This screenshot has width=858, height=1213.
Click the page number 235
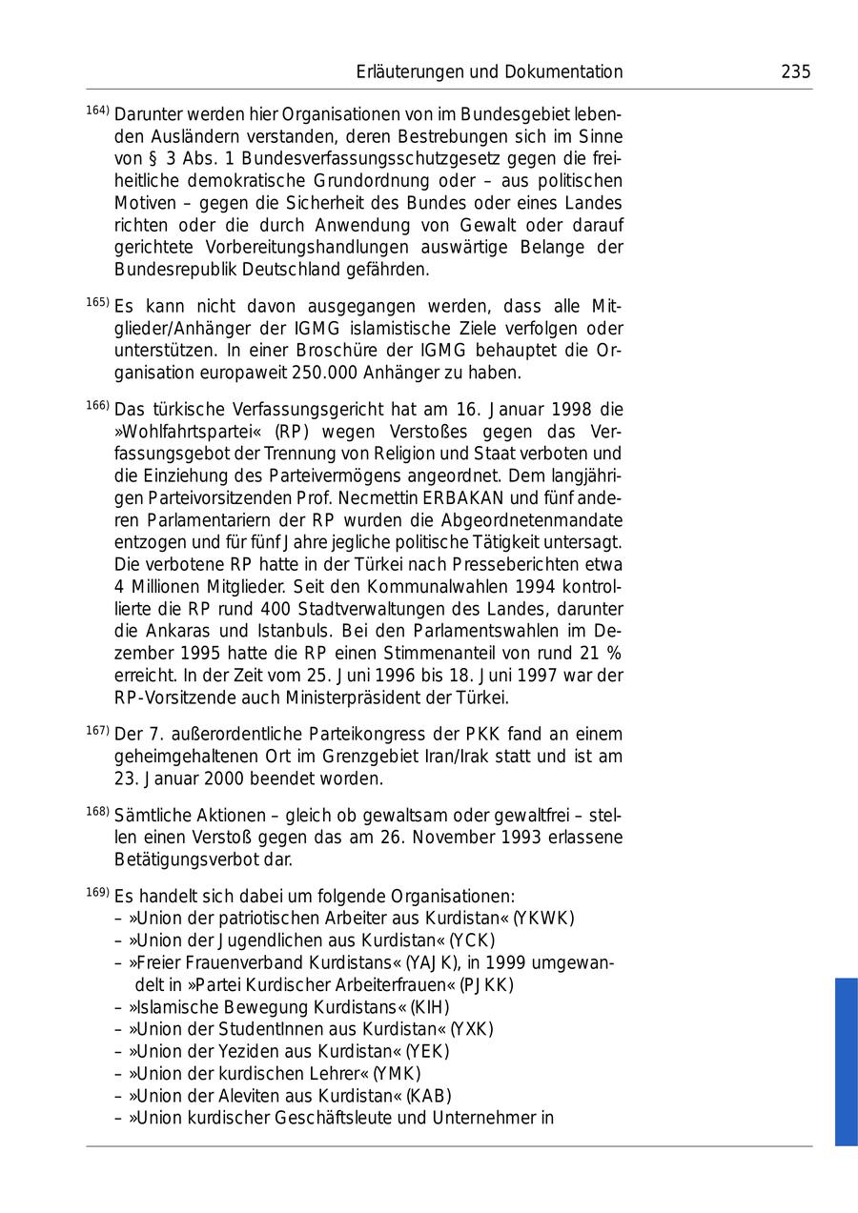(x=795, y=72)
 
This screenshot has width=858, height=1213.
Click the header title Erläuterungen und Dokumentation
(x=489, y=72)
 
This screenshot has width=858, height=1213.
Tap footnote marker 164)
(x=97, y=111)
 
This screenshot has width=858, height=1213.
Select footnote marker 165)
(x=97, y=303)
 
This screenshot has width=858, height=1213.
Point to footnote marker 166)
(x=97, y=406)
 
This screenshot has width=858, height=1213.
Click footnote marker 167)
(x=97, y=731)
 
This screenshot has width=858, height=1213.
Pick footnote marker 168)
(x=97, y=812)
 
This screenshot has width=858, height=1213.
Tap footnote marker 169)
(x=97, y=893)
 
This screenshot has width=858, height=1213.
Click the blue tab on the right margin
(x=846, y=1061)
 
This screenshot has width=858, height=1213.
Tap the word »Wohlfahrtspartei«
(x=181, y=432)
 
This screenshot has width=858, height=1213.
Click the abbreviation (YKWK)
(x=543, y=919)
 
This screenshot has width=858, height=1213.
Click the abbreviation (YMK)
(x=397, y=1074)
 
